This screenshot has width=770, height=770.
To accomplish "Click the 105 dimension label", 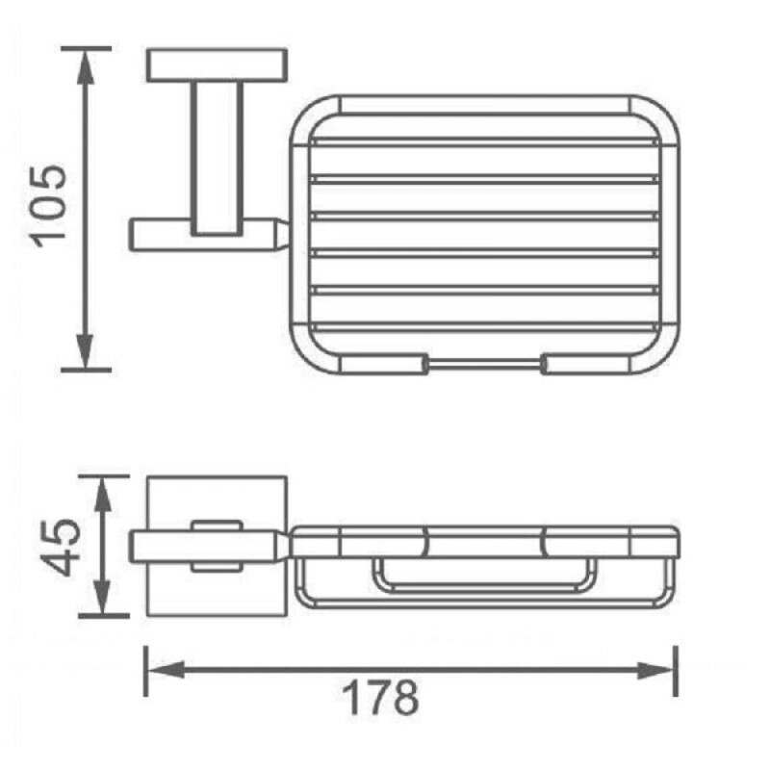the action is coord(48,206).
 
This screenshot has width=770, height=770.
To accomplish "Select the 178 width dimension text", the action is coord(380,698).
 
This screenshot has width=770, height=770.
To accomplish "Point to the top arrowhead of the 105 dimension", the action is coord(86,66).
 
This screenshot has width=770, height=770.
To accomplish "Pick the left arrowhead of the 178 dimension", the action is coord(166,670).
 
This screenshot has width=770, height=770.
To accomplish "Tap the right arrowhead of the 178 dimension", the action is coord(656,670).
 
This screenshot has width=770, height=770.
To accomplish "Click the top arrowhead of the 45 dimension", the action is coord(102,494).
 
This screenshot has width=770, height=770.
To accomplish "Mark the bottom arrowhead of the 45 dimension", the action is coord(102,598).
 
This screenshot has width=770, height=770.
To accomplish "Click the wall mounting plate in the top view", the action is coord(217,64).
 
